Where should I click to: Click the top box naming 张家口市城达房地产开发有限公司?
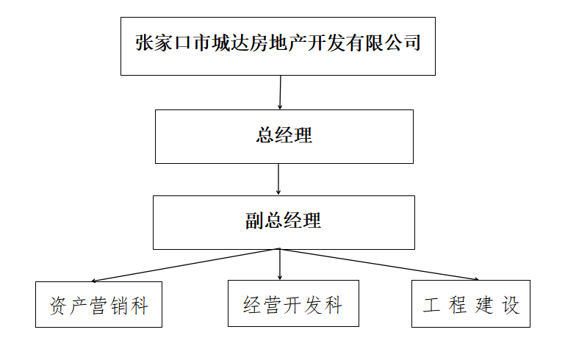[x=278, y=46]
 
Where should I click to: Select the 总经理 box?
[x=284, y=137]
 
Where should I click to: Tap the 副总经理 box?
[x=284, y=222]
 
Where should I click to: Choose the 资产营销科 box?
[x=98, y=303]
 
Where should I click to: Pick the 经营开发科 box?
[x=293, y=303]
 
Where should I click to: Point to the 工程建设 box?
[x=471, y=303]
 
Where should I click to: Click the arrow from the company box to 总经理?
[x=280, y=93]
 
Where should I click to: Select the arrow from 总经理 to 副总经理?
[x=278, y=179]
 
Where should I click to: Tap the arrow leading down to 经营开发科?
[x=280, y=264]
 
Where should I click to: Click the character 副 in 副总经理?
[x=254, y=220]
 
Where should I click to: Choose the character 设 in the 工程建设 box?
[x=511, y=305]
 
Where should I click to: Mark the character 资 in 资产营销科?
[x=59, y=305]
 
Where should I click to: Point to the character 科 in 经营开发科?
[x=334, y=305]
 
